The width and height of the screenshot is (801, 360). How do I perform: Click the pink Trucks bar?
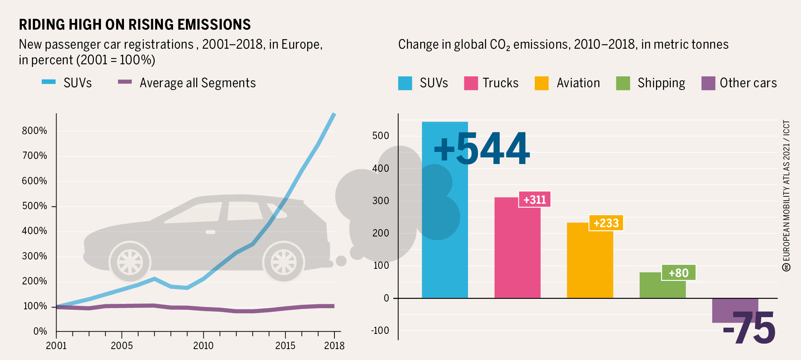pyautogui.click(x=517, y=253)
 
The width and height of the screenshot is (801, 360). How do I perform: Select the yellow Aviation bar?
pyautogui.click(x=590, y=265)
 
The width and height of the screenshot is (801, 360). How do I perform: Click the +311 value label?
pyautogui.click(x=534, y=199)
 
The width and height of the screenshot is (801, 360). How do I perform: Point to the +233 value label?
pyautogui.click(x=606, y=223)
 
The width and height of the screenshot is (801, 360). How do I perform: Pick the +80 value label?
pyautogui.click(x=678, y=273)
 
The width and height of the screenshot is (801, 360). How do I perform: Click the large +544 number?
pyautogui.click(x=481, y=149)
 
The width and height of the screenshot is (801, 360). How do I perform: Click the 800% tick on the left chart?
pyautogui.click(x=34, y=131)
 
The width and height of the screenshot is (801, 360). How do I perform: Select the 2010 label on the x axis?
pyautogui.click(x=203, y=346)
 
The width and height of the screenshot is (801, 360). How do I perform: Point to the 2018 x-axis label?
pyautogui.click(x=334, y=346)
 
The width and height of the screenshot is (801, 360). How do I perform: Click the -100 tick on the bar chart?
pyautogui.click(x=380, y=331)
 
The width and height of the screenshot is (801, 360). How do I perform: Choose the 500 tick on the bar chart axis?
pyautogui.click(x=381, y=136)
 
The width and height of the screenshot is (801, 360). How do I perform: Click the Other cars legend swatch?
pyautogui.click(x=708, y=83)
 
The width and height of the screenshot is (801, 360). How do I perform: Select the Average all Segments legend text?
pyautogui.click(x=198, y=83)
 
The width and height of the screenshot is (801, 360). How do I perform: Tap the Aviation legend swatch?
pyautogui.click(x=541, y=83)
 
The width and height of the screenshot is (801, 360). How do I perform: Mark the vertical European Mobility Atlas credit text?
pyautogui.click(x=786, y=195)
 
